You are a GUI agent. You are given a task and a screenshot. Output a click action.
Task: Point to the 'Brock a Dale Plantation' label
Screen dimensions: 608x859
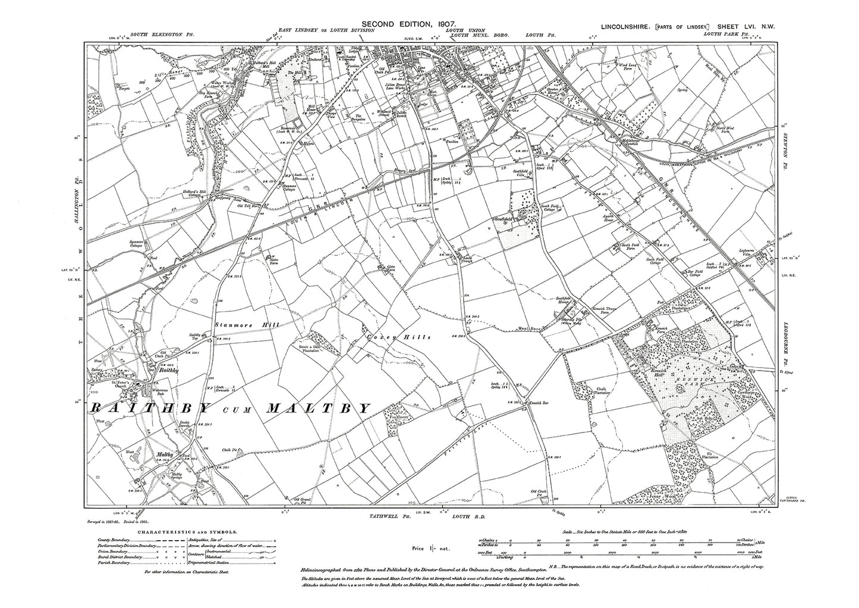click(x=309, y=349)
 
